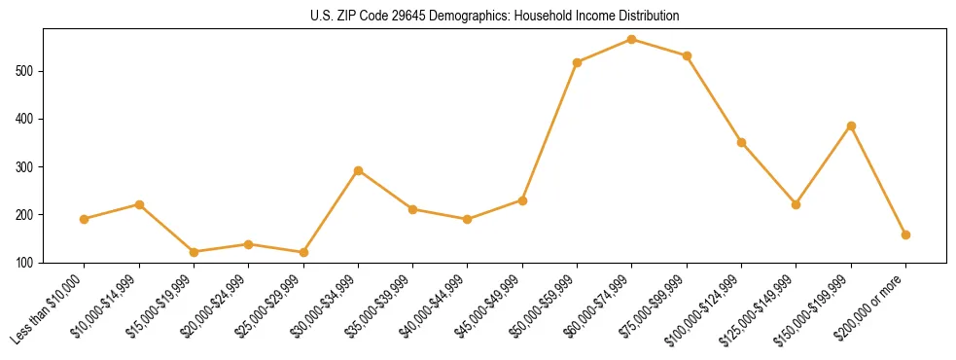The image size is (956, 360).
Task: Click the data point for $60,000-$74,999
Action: click(632, 40)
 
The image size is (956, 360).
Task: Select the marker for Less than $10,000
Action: click(85, 219)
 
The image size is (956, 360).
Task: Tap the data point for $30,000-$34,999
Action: click(358, 170)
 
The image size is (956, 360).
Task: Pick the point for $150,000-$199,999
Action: click(851, 126)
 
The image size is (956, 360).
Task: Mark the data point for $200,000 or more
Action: click(905, 234)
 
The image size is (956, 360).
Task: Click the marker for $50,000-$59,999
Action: click(578, 62)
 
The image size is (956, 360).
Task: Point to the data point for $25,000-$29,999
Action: click(303, 252)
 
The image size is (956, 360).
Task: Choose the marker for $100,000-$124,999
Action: click(741, 142)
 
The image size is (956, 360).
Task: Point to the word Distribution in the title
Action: click(646, 17)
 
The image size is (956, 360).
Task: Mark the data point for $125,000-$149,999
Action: click(796, 204)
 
